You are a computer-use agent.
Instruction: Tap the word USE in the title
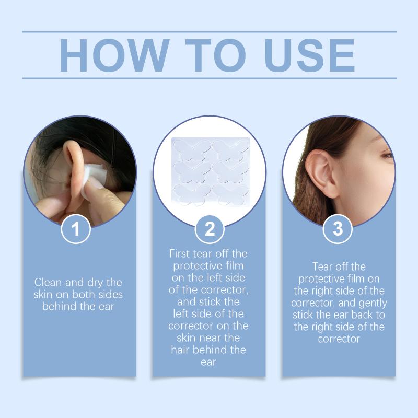point(309,55)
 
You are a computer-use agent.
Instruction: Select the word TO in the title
point(215,55)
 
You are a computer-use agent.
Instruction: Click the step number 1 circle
point(76,229)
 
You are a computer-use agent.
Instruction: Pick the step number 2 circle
point(210,229)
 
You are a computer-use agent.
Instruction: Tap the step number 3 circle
point(338,229)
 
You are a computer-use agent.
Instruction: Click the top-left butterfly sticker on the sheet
point(191,150)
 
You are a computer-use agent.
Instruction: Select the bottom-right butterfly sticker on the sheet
point(230,194)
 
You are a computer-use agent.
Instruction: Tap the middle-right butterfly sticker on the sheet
point(230,172)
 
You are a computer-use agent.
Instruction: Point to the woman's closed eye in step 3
point(387,155)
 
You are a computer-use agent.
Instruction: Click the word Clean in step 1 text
point(48,282)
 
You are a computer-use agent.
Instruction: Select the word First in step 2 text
point(180,253)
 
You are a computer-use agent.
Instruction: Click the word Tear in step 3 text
point(323,266)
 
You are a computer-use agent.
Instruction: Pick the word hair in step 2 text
point(180,350)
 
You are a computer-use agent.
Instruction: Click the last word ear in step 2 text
point(208,362)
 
